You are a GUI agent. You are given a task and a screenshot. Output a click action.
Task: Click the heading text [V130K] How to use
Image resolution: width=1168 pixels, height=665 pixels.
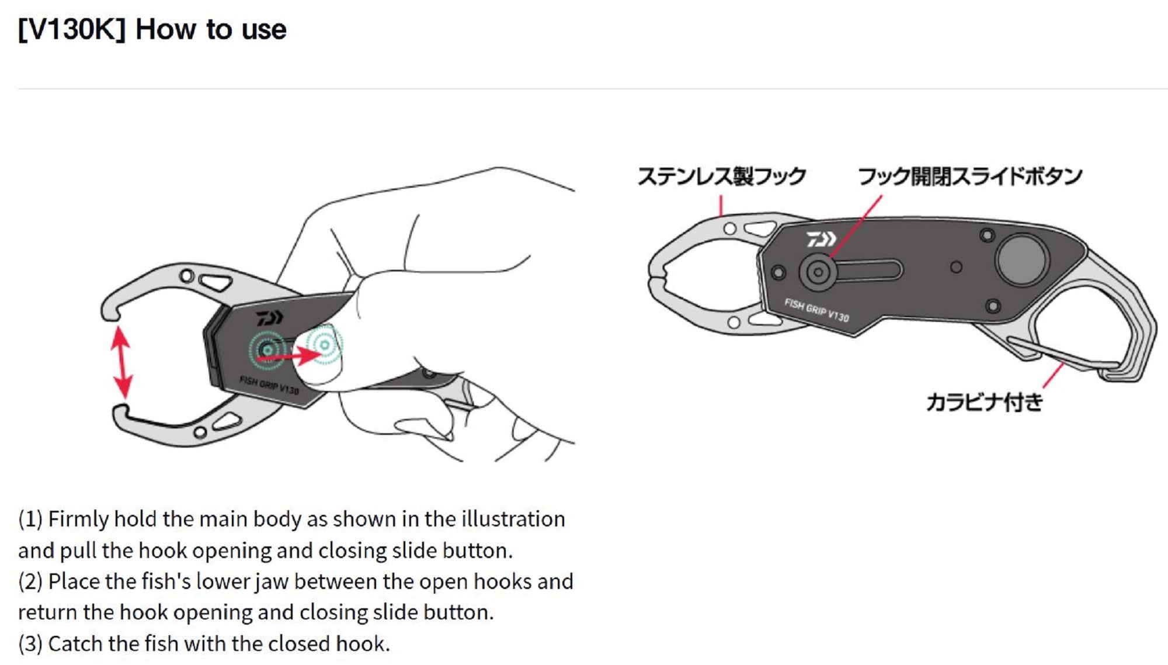coord(152,29)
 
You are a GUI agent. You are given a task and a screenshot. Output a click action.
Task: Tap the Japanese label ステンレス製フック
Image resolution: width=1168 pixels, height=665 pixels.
coord(722,176)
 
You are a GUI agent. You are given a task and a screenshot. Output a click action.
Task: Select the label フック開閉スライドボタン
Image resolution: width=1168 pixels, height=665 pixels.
coord(970,176)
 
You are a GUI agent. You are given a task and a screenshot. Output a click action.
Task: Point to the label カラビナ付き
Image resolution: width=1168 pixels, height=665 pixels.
coord(985,402)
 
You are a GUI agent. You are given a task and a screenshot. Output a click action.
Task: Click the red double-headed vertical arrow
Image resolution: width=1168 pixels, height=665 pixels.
coord(121,362)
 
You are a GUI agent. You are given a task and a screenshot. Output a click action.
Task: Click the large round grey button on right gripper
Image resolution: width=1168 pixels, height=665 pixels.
coord(1022,260)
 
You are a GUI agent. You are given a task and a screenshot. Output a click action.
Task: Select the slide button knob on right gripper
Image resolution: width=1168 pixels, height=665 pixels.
coord(818,272)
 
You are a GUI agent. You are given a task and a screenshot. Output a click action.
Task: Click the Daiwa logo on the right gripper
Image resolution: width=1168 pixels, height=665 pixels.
coord(821,239)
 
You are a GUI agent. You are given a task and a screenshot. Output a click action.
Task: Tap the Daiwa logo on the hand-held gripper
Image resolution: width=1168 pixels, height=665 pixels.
coord(269,318)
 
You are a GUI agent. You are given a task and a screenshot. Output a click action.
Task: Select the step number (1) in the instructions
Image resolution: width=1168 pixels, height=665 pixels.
coord(30,519)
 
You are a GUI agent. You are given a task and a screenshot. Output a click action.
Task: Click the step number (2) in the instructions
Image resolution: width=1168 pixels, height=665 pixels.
coord(30,582)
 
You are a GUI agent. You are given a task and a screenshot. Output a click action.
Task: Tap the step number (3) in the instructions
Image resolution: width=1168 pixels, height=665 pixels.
coord(30,644)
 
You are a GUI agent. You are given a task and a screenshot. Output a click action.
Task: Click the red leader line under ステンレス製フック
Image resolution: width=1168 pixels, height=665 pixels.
coord(721,206)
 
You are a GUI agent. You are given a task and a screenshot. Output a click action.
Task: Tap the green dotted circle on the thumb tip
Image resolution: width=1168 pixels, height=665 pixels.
coord(324,345)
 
